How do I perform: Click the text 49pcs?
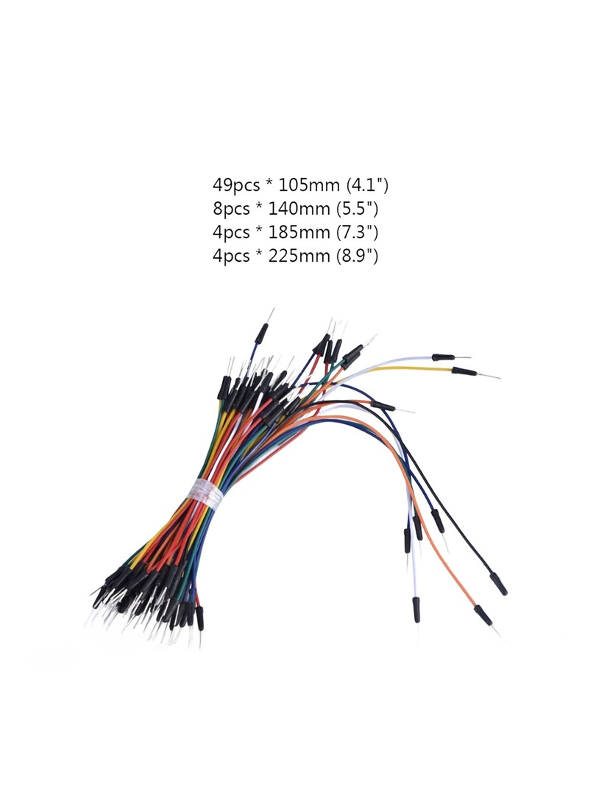point(235,185)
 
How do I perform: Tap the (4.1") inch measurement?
point(367,185)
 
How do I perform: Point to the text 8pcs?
point(231,209)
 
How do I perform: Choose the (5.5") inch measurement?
point(358,209)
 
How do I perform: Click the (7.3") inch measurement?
point(358,232)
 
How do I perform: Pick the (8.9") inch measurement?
point(358,256)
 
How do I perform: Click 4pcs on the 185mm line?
point(231,232)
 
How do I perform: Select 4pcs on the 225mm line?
point(231,257)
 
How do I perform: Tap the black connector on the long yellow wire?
point(464,371)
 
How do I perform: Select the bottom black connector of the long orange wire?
point(483,615)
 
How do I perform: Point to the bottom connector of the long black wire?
point(498,583)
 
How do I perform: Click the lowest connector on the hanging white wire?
point(416,609)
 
